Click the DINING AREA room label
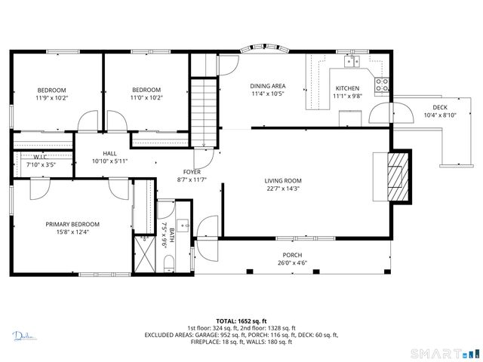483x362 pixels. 268,86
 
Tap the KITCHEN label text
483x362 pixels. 348,87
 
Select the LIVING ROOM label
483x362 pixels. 283,180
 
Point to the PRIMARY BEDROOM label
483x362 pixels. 72,224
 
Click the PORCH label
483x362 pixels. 293,255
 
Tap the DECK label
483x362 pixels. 440,107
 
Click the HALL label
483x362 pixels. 109,153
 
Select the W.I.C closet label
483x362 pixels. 41,157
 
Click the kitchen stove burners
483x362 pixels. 383,83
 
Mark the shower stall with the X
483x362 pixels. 143,254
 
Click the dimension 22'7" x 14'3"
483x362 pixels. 283,189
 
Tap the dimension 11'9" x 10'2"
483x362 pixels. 51,97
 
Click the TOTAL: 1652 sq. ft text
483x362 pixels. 241,321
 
